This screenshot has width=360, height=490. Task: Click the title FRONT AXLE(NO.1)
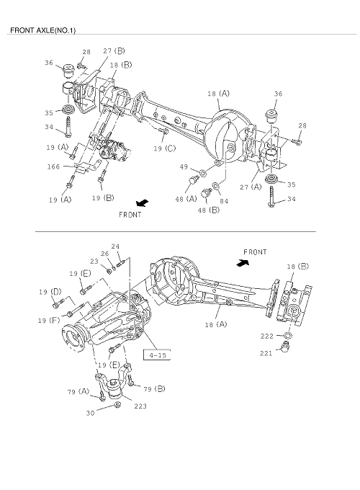(42, 30)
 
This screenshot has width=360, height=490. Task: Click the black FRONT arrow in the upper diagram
(143, 203)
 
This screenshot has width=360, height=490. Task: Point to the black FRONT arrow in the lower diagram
(243, 263)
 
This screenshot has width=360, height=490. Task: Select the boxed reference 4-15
(157, 355)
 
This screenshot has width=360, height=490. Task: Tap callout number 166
(53, 166)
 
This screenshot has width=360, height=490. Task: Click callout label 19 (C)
(165, 148)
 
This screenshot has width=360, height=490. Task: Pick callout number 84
(224, 202)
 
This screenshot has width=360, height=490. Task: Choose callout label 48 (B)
(209, 210)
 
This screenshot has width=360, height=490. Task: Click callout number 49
(184, 167)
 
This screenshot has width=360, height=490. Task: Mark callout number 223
(140, 406)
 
